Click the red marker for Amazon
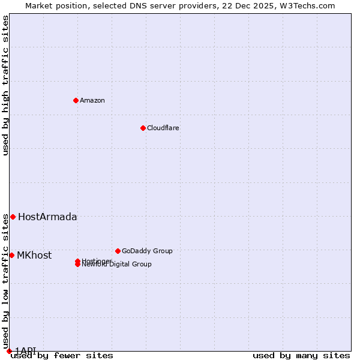click(x=76, y=100)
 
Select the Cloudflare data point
click(x=143, y=128)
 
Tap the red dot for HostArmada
click(x=13, y=217)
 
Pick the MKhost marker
click(x=11, y=255)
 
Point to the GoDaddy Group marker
click(x=118, y=251)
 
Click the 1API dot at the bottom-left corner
click(x=9, y=351)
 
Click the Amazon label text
click(x=92, y=100)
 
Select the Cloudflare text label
click(x=163, y=128)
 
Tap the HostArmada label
click(x=47, y=217)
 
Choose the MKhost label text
click(x=34, y=256)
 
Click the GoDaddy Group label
click(x=147, y=251)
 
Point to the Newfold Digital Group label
click(x=117, y=265)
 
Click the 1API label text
click(x=25, y=350)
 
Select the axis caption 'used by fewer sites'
click(x=62, y=356)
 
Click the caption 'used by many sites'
click(x=301, y=356)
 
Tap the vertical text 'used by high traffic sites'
click(x=5, y=85)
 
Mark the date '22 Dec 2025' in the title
click(x=254, y=5)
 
